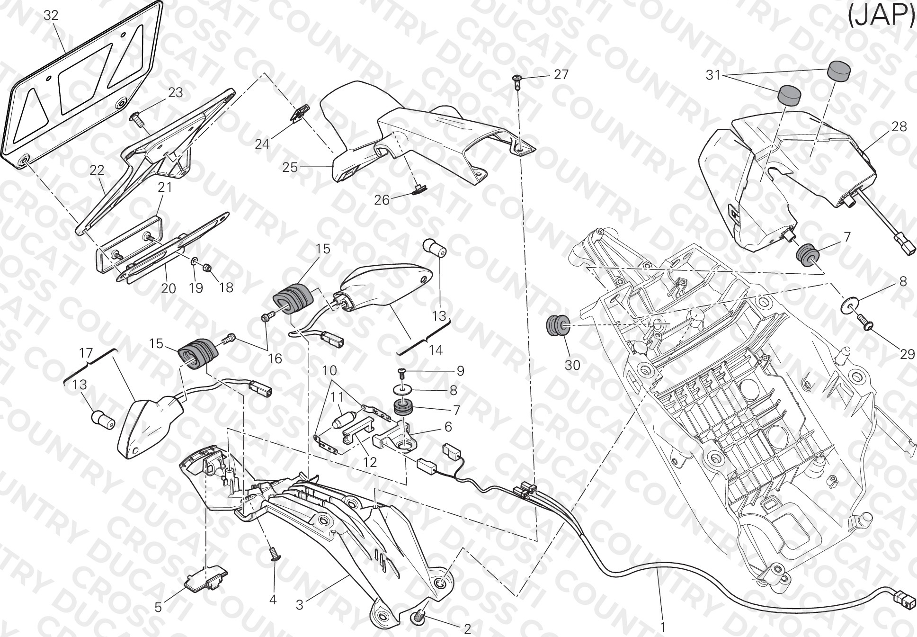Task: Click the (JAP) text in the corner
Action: point(881,16)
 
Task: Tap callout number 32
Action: point(51,16)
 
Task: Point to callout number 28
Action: point(899,126)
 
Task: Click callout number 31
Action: point(713,75)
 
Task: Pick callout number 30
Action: point(572,365)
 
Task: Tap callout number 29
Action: point(907,354)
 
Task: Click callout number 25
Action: point(291,167)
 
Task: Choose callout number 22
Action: point(97,170)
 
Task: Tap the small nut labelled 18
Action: point(206,269)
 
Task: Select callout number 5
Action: point(158,607)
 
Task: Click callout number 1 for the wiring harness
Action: point(663,627)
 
